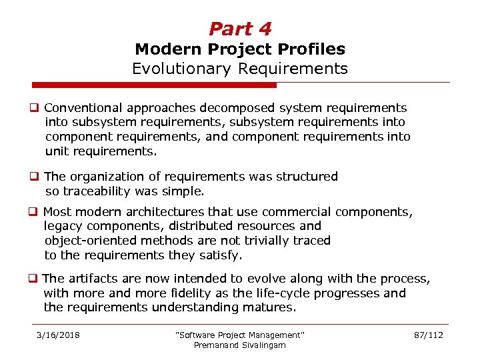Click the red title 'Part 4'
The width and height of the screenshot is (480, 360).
pos(240,29)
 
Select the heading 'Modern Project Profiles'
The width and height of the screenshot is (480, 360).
pos(240,49)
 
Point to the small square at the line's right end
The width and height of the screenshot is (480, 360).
pos(451,83)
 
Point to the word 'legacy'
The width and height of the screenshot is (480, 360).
pos(63,226)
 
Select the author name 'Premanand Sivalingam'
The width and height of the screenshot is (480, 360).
pos(239,345)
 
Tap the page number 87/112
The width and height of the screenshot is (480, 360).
pos(428,335)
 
